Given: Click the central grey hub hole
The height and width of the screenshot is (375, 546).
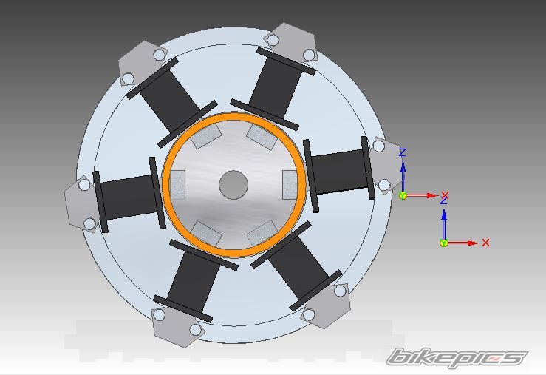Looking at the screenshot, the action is pyautogui.click(x=233, y=185).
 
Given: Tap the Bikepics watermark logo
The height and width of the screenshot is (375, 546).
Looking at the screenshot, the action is pyautogui.click(x=457, y=357).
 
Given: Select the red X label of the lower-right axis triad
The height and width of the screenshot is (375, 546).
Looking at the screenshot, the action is pyautogui.click(x=485, y=243).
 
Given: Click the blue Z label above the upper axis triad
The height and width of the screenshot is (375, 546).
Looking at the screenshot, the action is pyautogui.click(x=403, y=152).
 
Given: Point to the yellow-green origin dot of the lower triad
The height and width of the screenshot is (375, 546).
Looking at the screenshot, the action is pyautogui.click(x=443, y=243).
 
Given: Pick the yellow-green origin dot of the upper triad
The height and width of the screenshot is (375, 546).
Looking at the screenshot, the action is pyautogui.click(x=403, y=195).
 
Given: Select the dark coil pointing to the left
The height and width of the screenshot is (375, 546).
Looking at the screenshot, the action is pyautogui.click(x=129, y=195).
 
